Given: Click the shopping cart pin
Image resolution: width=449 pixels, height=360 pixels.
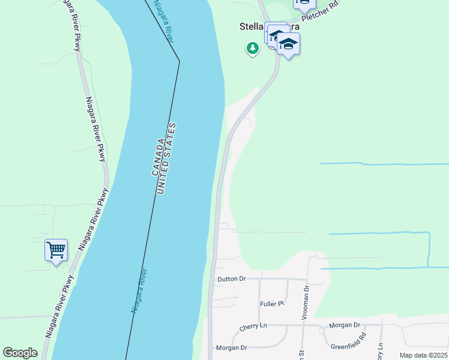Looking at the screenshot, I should click(x=56, y=250).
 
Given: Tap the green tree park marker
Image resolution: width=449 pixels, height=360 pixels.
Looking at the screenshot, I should click(x=253, y=48).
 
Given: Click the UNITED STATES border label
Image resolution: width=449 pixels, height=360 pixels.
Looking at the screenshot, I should click(x=168, y=158).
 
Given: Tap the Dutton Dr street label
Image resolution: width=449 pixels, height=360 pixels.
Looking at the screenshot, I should click(x=232, y=279).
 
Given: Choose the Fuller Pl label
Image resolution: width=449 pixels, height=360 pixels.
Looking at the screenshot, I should click(x=271, y=304).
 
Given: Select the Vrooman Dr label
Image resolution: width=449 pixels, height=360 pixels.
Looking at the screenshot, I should click(x=306, y=295).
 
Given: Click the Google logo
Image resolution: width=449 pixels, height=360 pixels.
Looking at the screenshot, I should click(x=20, y=353).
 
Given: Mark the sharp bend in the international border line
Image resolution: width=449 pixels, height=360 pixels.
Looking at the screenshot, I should click(x=179, y=61).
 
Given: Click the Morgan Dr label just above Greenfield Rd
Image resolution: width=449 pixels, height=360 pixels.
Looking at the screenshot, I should click(x=344, y=325).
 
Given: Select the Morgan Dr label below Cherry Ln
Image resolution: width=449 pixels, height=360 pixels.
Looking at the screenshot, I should click(x=231, y=348).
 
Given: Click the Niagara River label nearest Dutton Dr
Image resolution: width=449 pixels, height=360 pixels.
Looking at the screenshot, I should click(x=139, y=291).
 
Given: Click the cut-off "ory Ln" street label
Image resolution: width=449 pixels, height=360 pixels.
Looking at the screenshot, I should click(x=380, y=351).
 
